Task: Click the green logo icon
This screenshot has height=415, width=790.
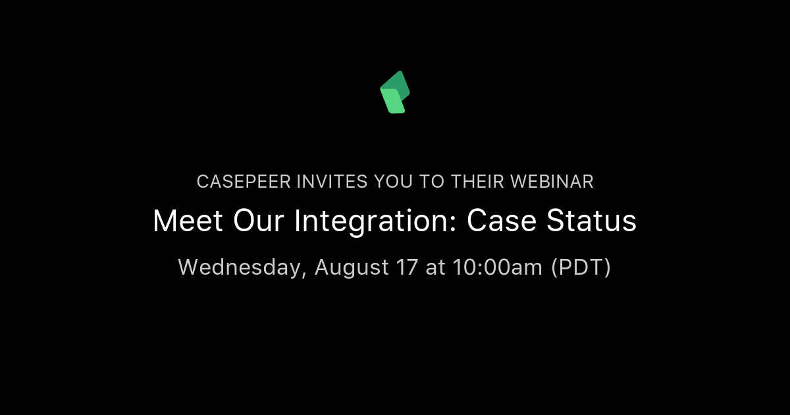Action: point(395,92)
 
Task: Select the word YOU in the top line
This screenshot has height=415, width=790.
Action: point(379,182)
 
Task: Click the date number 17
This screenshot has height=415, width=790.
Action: point(406,267)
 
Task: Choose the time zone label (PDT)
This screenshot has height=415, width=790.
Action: point(581,268)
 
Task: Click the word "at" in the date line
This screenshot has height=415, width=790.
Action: point(435,268)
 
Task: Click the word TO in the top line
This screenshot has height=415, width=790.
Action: point(431,182)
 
